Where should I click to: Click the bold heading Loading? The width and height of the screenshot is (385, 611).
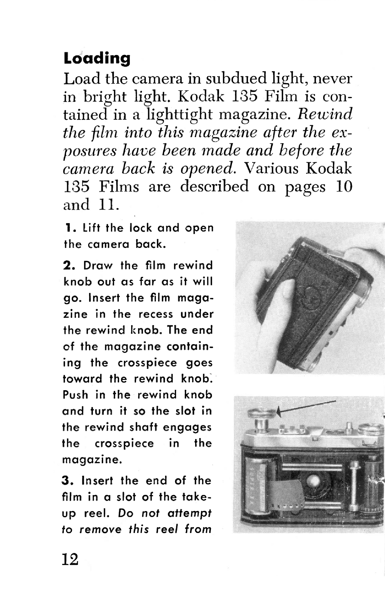(x=97, y=58)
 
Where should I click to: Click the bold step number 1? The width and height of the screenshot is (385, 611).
(x=68, y=228)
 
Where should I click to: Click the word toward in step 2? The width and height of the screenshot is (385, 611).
(x=82, y=379)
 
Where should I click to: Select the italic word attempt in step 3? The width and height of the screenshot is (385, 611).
(x=190, y=514)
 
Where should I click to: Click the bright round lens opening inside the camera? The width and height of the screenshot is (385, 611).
(x=314, y=480)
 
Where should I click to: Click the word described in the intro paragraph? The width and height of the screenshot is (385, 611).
(x=215, y=186)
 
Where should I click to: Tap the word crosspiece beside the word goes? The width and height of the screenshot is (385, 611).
(x=147, y=363)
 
